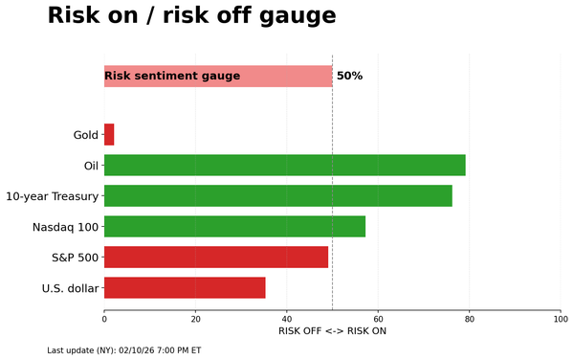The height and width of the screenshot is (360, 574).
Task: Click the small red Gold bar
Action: click(x=109, y=134)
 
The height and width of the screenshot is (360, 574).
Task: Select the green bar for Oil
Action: click(x=284, y=165)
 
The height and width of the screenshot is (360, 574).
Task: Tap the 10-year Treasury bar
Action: click(x=277, y=195)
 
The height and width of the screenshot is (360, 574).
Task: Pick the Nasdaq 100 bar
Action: click(x=234, y=226)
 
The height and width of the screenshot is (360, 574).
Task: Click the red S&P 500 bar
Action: click(x=215, y=257)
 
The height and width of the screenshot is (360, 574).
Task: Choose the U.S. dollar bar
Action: click(x=185, y=287)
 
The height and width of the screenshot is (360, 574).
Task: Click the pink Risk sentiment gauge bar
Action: click(x=218, y=76)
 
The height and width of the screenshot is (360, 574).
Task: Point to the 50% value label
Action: click(x=349, y=76)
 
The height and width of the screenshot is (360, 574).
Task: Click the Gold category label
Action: click(x=86, y=135)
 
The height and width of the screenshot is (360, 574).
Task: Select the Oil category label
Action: click(x=92, y=166)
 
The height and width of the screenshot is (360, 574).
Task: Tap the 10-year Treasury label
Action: click(x=53, y=196)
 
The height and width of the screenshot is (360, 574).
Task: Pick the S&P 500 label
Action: click(x=75, y=258)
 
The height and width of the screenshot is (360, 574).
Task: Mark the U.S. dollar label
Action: click(x=70, y=288)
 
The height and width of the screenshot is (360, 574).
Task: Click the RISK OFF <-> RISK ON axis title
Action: click(x=332, y=331)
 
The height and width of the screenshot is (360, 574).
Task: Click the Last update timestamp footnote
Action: click(x=123, y=350)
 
